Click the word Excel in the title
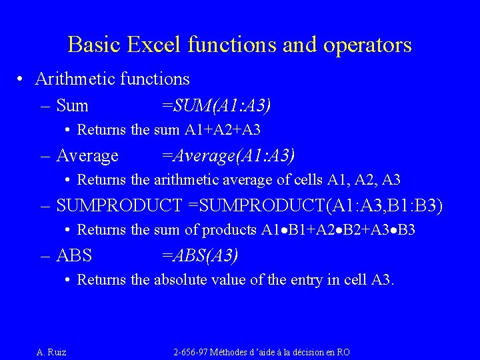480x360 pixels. (154, 45)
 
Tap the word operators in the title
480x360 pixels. (369, 45)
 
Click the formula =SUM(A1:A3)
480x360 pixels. (217, 105)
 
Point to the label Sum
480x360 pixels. (72, 105)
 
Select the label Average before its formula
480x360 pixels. (87, 156)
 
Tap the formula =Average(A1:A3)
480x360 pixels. (228, 156)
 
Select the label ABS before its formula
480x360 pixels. (74, 255)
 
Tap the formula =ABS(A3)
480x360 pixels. (200, 255)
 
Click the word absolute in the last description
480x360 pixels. (183, 280)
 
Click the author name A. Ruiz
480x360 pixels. (51, 352)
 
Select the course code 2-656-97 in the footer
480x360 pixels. (191, 352)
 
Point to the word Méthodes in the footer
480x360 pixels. (232, 352)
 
